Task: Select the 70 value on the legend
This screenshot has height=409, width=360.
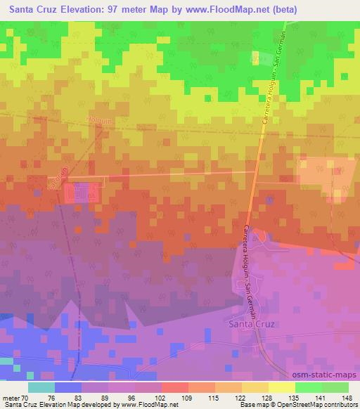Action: pos(27,398)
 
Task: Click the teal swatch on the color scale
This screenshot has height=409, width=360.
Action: pos(41,387)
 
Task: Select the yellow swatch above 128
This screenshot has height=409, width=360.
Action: pos(281,387)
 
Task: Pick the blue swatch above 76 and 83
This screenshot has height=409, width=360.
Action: pos(68,387)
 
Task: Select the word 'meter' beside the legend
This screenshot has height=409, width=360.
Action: pos(11,398)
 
